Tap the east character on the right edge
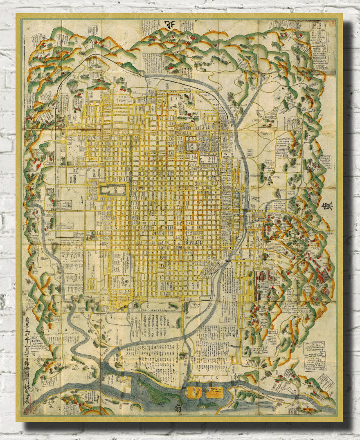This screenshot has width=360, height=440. pos(327,207)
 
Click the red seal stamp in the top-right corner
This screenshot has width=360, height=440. pos(331,23)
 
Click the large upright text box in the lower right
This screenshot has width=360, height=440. pos(315,356)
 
